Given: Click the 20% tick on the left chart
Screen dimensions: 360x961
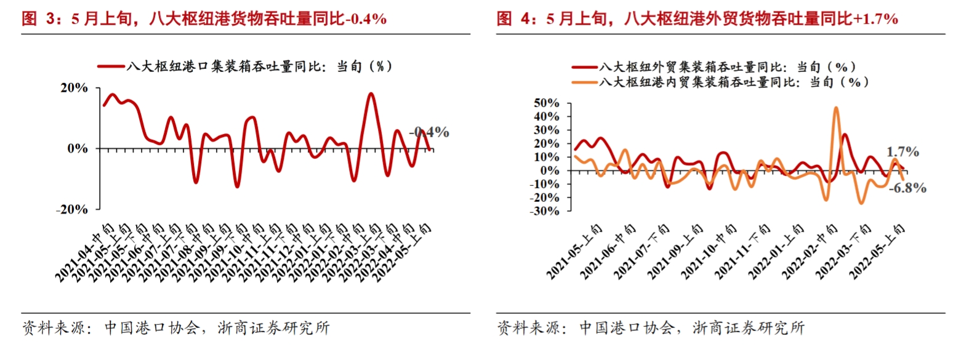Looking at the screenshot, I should pyautogui.click(x=74, y=88).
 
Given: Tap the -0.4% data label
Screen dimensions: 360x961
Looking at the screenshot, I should pyautogui.click(x=430, y=132).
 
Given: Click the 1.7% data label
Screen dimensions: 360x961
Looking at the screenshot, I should pyautogui.click(x=903, y=151).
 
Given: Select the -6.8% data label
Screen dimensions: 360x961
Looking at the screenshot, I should pyautogui.click(x=907, y=188).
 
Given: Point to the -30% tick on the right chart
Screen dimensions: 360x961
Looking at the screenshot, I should pyautogui.click(x=544, y=210).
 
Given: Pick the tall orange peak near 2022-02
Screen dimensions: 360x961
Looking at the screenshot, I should pyautogui.click(x=835, y=108).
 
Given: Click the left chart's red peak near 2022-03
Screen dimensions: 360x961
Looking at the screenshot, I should pyautogui.click(x=370, y=94).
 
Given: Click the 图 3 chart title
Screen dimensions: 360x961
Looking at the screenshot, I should pyautogui.click(x=203, y=19).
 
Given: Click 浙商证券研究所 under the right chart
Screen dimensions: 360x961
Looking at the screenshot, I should pyautogui.click(x=749, y=328).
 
